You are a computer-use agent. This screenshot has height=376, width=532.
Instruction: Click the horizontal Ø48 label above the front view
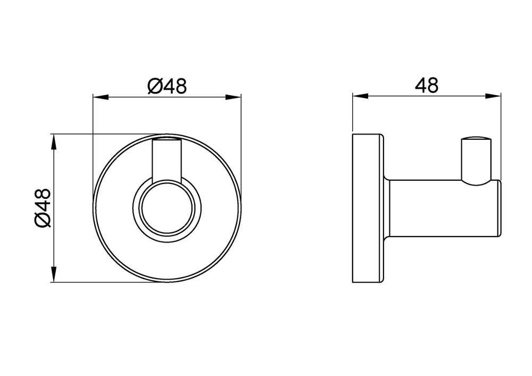click(167, 86)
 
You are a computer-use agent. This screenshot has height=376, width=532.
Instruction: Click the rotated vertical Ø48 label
click(43, 208)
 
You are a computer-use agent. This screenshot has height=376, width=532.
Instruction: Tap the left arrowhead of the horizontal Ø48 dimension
click(101, 97)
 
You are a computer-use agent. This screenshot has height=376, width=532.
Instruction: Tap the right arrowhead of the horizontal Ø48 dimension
click(234, 97)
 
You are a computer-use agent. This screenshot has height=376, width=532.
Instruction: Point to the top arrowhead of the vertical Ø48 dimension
click(54, 142)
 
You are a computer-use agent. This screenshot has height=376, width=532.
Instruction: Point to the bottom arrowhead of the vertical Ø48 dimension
click(54, 274)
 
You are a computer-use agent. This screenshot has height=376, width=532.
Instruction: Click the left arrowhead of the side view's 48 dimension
click(360, 96)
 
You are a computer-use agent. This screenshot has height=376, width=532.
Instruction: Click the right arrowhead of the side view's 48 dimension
click(493, 96)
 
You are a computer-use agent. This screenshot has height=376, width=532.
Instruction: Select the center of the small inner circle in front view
click(167, 208)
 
